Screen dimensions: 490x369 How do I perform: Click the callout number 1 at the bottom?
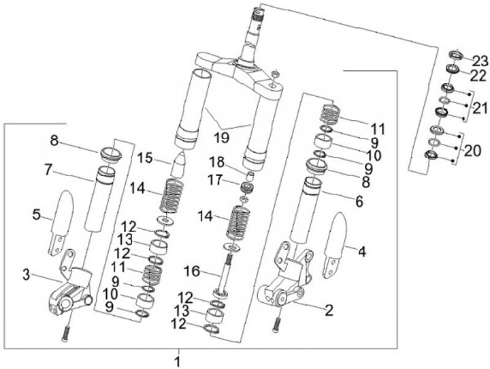point(178,361)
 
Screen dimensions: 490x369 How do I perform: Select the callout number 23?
point(479,61)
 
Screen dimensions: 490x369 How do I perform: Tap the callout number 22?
point(478,76)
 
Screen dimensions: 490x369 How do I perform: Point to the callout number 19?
point(222,137)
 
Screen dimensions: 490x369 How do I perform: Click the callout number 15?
point(144,158)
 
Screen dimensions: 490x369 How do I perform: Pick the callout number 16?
point(192,271)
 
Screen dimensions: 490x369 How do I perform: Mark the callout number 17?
point(216,180)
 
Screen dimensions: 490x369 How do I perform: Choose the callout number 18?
point(217,162)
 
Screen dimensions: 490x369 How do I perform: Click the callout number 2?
point(329,310)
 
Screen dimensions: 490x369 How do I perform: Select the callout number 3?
point(27,276)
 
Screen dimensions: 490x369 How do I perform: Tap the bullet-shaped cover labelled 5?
point(61,223)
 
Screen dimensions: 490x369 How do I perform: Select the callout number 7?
point(48,171)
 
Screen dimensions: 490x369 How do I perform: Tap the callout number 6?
point(359,201)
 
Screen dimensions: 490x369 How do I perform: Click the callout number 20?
point(472,151)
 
